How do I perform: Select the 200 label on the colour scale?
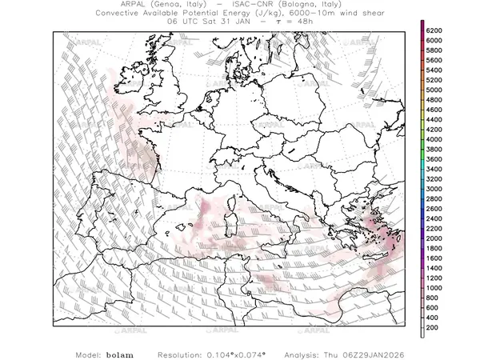[433, 328]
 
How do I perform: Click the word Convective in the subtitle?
[124, 14]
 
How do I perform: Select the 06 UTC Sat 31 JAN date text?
[216, 22]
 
